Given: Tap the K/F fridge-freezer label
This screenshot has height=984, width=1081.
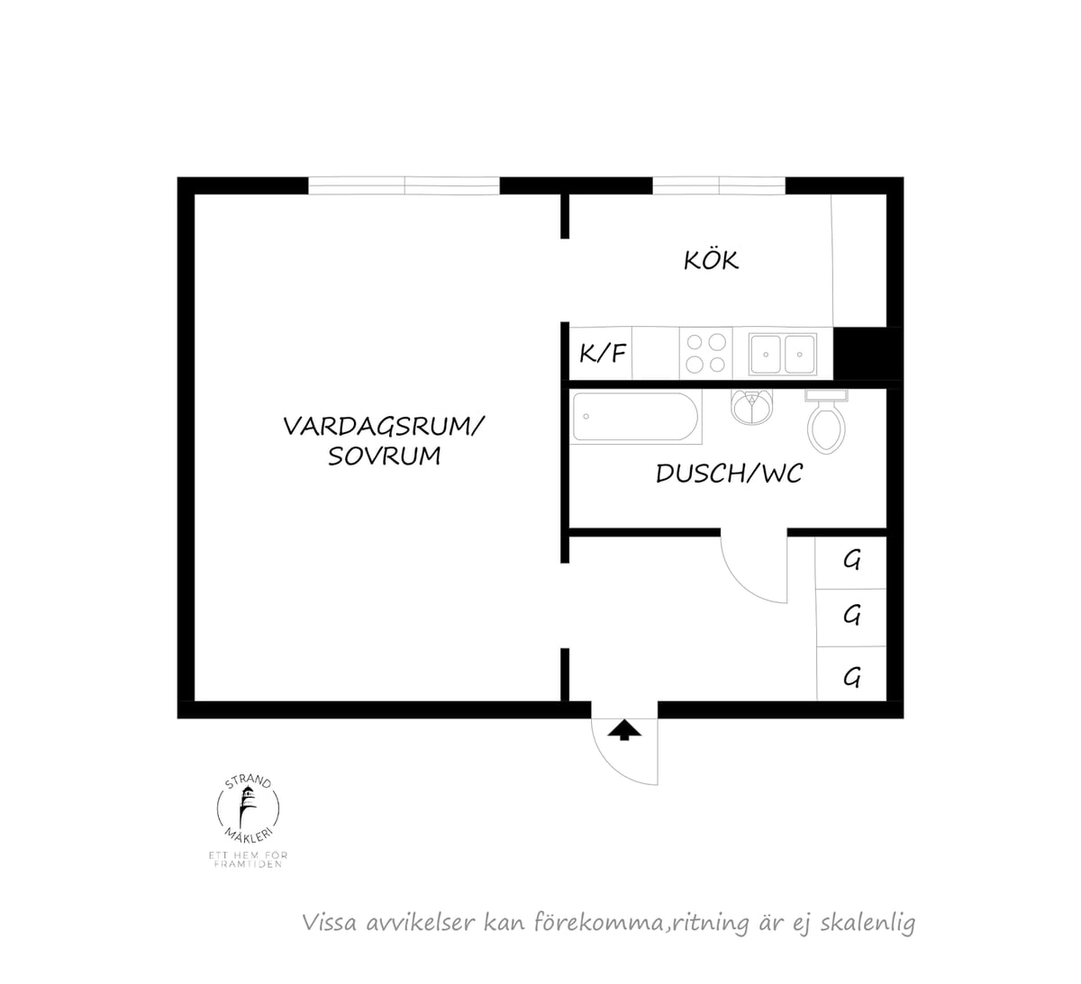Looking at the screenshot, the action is (603, 353).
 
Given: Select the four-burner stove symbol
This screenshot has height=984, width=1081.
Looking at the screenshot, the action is (706, 353).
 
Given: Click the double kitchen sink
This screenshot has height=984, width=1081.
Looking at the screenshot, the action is (783, 354).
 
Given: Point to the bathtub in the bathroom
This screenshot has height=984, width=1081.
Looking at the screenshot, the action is (636, 418).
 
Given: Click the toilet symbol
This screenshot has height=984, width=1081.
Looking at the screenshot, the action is (826, 421).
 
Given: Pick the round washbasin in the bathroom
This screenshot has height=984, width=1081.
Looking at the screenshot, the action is (751, 407).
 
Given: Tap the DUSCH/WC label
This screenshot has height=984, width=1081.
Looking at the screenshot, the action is (729, 474).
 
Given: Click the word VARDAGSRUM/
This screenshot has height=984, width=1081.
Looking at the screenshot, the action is (384, 426).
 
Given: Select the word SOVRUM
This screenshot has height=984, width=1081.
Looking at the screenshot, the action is (385, 456).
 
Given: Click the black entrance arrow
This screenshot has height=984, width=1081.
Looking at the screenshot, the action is (624, 730).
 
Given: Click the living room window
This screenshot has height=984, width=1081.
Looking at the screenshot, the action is (404, 185).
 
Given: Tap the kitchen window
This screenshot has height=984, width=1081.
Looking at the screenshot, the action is (719, 185).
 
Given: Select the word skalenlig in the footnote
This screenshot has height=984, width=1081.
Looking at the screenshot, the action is (868, 923).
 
